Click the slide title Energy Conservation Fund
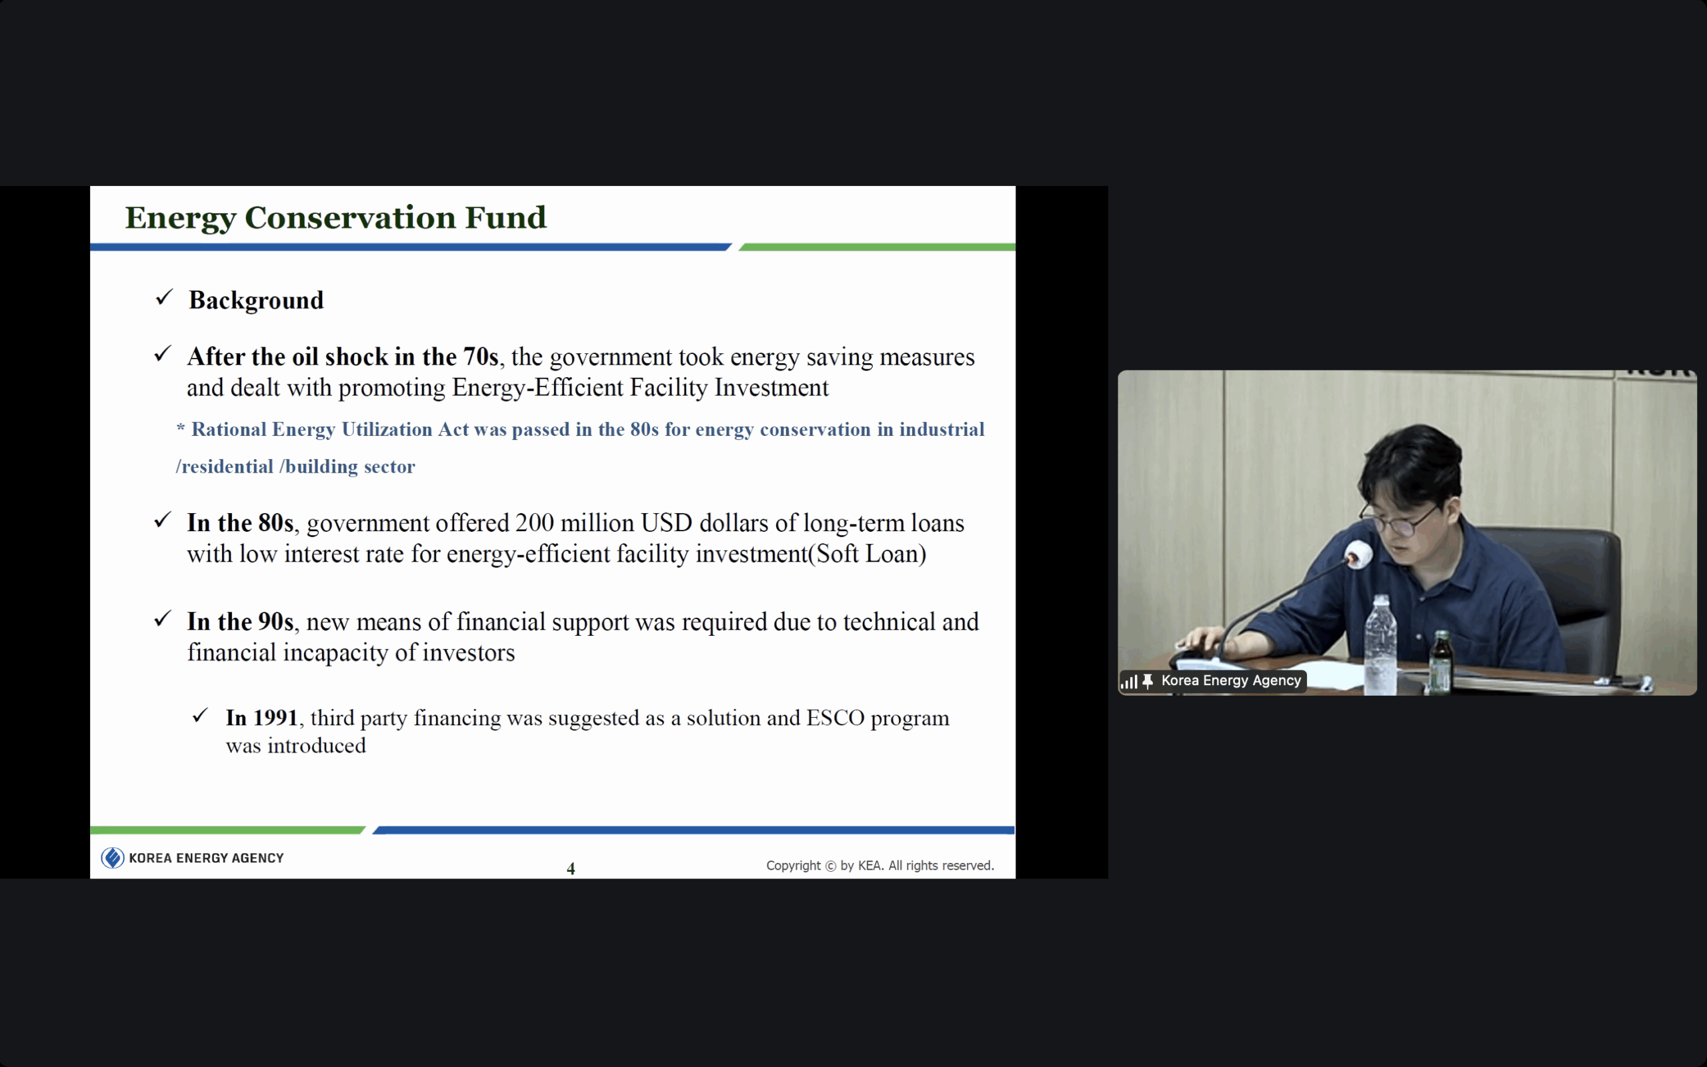click(x=335, y=218)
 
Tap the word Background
click(x=256, y=301)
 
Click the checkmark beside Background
click(x=164, y=297)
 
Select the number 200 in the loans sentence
click(x=534, y=523)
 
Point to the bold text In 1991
click(x=262, y=718)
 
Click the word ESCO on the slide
click(x=835, y=718)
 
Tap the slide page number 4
click(x=571, y=868)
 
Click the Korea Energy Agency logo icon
click(x=112, y=858)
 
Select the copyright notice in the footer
click(x=880, y=865)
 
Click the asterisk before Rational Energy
click(x=181, y=427)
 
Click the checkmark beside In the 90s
click(x=163, y=619)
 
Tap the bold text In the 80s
click(x=240, y=523)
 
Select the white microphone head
click(x=1359, y=554)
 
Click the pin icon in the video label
click(x=1148, y=681)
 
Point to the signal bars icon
click(x=1129, y=682)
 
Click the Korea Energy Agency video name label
click(x=1231, y=680)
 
